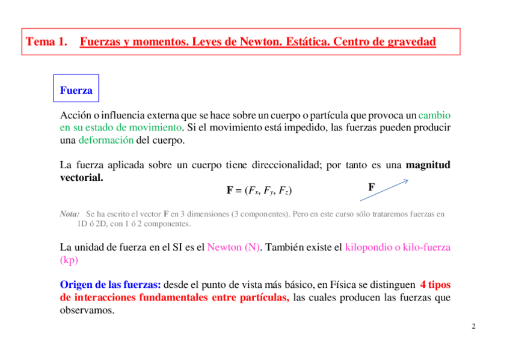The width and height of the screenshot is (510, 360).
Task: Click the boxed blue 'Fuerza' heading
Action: pos(76,91)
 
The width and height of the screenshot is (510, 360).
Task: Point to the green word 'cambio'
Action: pos(434,115)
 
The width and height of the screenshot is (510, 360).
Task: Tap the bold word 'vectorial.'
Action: pos(82,178)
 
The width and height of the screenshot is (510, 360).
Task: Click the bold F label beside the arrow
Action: pos(372,188)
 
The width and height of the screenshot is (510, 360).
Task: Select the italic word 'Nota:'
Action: pos(70,214)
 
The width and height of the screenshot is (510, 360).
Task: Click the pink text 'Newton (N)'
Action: pos(233,247)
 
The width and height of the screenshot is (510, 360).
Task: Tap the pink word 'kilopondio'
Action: pos(369,247)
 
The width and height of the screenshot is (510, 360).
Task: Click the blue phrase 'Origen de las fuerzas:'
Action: pos(111,285)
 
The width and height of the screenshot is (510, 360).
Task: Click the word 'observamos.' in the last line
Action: pos(87,311)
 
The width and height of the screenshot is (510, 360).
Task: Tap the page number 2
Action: pos(473,327)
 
